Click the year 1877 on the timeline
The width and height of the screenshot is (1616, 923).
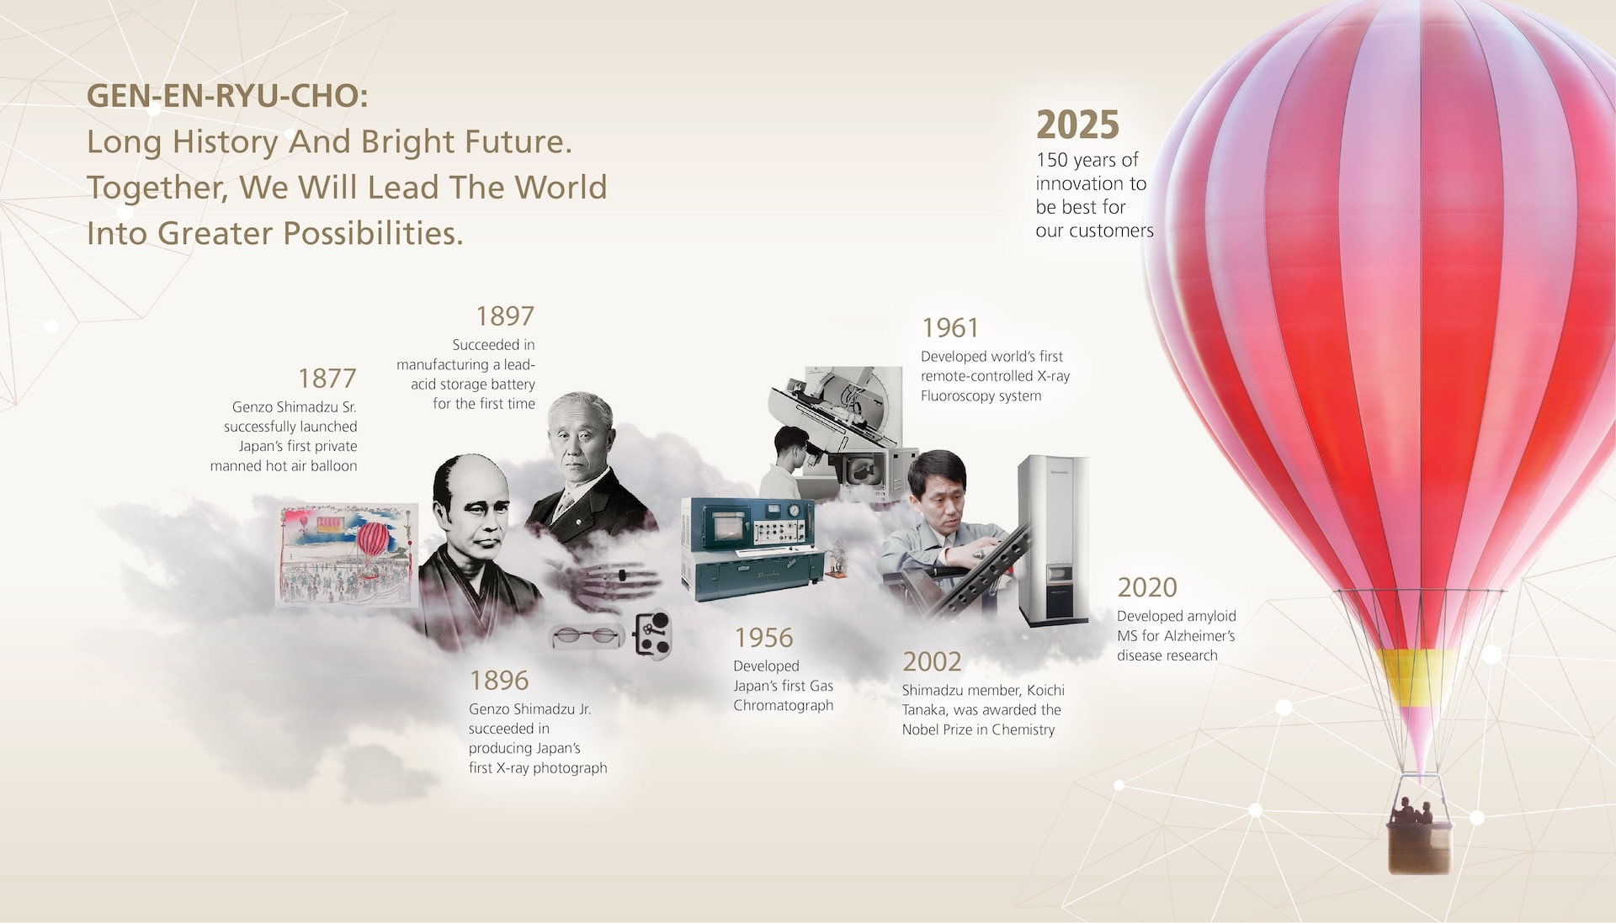[327, 378]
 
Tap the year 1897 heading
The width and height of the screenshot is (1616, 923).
[505, 316]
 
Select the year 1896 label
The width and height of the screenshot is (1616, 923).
[499, 680]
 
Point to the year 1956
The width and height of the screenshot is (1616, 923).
[763, 638]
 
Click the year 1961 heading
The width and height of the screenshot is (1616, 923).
[950, 327]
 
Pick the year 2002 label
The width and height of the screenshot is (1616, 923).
[932, 662]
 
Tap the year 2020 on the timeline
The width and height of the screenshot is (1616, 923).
[1147, 587]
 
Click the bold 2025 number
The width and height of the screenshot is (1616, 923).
[1077, 125]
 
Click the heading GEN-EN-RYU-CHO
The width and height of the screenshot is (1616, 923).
[227, 96]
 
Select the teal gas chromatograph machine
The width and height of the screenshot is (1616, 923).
[748, 550]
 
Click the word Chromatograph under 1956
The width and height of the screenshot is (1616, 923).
[783, 705]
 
